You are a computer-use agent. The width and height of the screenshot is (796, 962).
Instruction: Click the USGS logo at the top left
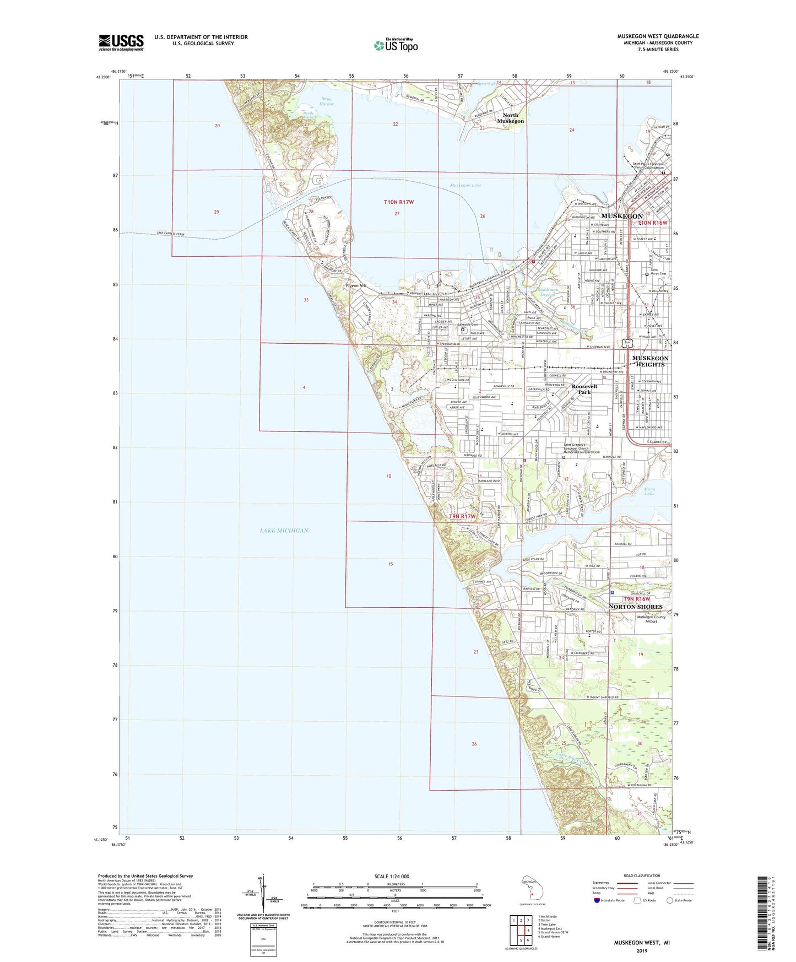coord(121,42)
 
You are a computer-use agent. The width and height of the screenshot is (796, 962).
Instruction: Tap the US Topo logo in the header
coord(396,45)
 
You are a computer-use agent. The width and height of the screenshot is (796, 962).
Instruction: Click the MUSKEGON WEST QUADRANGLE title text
coord(658,36)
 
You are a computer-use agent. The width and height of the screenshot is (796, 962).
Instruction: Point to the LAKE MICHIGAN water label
coord(284,530)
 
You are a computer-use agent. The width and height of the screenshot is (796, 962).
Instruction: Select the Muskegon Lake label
coord(465,185)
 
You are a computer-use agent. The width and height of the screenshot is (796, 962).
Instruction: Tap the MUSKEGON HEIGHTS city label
coord(651,361)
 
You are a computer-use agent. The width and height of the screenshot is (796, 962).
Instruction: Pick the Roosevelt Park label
coord(584,389)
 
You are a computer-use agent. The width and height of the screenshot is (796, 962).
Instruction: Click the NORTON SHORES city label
coord(635,607)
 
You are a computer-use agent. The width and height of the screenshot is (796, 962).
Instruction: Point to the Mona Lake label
coord(649,491)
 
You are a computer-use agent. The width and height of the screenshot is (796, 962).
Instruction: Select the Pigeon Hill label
coord(355,286)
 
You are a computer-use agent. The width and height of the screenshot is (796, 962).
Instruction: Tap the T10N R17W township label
coord(398,202)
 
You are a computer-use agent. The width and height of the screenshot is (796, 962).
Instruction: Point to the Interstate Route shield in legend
coord(598,900)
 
